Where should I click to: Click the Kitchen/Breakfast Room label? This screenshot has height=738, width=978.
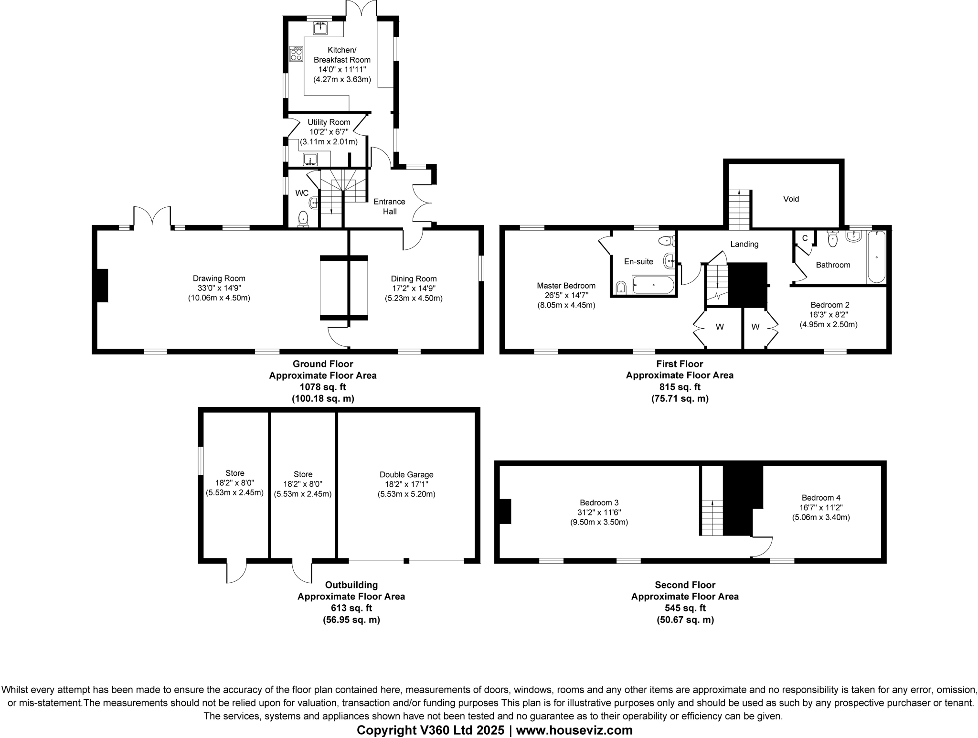pos(342,55)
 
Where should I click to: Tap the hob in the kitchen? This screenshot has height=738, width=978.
pos(296,53)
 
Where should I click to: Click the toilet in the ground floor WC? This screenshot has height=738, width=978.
pos(303,219)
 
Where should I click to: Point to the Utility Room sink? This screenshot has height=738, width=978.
pos(310,159)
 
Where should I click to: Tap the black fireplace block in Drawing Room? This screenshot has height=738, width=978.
pos(102,286)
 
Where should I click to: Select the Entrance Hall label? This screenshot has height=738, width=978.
pos(389,206)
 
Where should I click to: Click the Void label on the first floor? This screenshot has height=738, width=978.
pos(791,199)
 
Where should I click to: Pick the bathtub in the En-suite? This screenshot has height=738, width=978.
pos(653,285)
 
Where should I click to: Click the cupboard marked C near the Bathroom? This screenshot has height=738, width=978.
pos(805,238)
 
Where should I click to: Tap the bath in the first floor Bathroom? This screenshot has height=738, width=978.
pos(876,257)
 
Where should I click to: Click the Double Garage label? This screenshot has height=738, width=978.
pos(406,474)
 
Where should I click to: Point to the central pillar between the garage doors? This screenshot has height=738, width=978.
pos(406,560)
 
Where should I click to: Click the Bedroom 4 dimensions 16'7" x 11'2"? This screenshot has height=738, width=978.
pos(821,507)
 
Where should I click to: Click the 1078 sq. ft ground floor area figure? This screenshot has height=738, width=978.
pos(323,387)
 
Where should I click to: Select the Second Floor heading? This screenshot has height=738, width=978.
pos(685,585)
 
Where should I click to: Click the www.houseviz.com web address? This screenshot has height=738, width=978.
pos(574,730)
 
